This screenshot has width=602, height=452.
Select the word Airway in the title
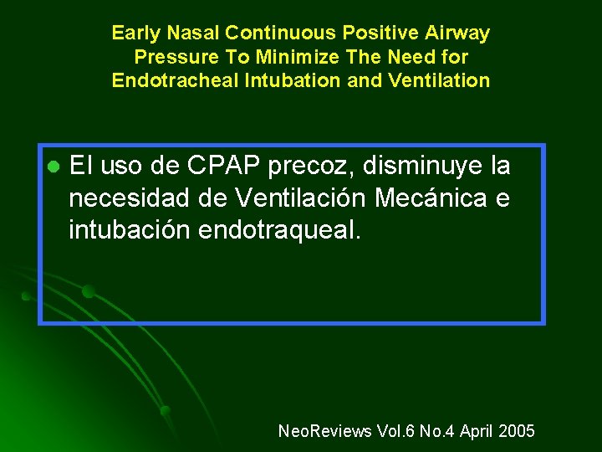pos(459,33)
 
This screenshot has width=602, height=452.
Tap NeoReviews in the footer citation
pos(324,431)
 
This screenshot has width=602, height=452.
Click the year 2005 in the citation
pos(516,431)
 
